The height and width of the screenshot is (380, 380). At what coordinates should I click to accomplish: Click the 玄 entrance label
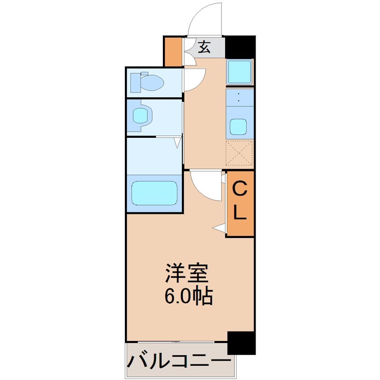tap(204, 47)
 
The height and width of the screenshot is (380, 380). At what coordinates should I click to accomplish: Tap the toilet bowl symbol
tap(147, 82)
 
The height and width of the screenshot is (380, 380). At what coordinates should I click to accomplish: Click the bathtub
tap(154, 193)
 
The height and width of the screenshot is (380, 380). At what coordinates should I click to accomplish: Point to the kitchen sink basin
tap(238, 127)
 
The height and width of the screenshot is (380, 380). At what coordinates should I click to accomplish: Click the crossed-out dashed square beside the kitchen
tap(239, 152)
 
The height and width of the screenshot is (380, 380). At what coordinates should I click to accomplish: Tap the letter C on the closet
tap(240, 189)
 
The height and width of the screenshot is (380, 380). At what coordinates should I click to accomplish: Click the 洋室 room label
tap(187, 273)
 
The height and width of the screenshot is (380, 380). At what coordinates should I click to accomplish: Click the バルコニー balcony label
tap(179, 362)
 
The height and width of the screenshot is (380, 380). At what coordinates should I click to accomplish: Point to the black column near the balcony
tap(241, 343)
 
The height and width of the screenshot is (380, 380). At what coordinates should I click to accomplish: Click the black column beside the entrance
tap(240, 47)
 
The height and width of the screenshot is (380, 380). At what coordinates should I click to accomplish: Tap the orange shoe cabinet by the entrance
tap(173, 51)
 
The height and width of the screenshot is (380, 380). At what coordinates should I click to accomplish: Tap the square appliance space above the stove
tap(239, 72)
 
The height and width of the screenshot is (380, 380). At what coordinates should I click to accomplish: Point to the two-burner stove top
tap(239, 97)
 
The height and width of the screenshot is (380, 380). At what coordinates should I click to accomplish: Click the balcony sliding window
tap(176, 342)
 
